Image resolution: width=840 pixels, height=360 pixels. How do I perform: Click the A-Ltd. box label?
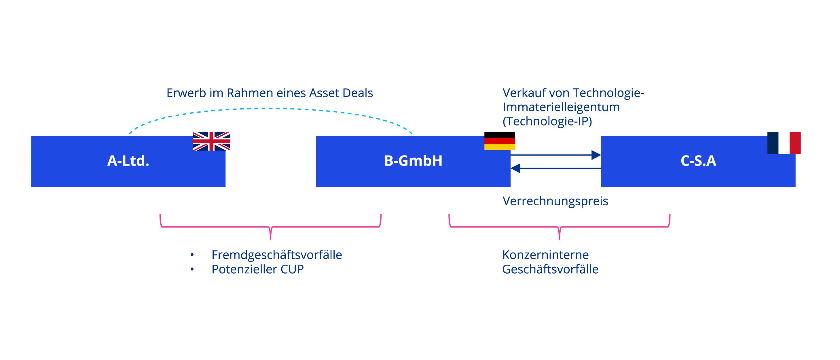click(x=128, y=161)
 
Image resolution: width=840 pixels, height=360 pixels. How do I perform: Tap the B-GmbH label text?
click(x=413, y=161)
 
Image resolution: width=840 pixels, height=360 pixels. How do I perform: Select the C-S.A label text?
click(x=698, y=161)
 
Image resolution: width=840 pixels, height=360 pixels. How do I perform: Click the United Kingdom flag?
click(x=211, y=141)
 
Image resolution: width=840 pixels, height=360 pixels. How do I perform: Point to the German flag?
click(x=500, y=141)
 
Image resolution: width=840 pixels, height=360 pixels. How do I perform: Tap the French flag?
click(x=784, y=143)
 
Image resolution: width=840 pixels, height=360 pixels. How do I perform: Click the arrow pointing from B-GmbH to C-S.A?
click(x=556, y=155)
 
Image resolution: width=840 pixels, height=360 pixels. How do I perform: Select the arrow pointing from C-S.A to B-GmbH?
click(x=556, y=168)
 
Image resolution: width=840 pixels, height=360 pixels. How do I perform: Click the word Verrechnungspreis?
click(x=555, y=201)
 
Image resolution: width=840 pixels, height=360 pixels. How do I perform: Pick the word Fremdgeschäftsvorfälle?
click(x=277, y=255)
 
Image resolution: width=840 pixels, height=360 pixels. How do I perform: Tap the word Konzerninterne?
click(x=545, y=255)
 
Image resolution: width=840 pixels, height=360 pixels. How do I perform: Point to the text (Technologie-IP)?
click(x=547, y=121)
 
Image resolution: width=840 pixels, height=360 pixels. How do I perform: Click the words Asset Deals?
click(x=341, y=93)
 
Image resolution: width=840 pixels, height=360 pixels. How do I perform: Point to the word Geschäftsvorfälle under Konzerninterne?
click(x=550, y=269)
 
